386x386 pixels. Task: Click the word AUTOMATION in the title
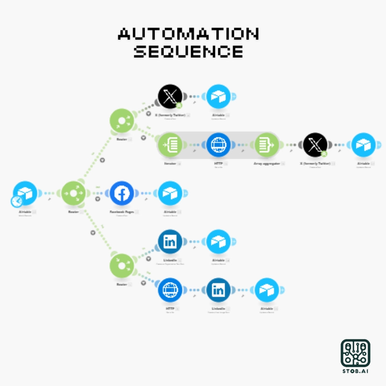coord(188,34)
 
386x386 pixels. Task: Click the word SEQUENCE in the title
coord(188,51)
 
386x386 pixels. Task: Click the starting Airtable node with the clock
coord(25,193)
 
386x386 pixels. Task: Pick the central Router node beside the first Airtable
coord(73,193)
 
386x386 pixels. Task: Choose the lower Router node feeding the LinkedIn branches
coord(122,266)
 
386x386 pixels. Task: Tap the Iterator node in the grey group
coord(170,145)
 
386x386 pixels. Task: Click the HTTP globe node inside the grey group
coord(218,145)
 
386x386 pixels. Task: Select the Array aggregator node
coord(267,145)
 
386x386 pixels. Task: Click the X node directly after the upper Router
coord(170,96)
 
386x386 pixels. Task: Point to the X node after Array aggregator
coord(315,145)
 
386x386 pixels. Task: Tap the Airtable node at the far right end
coord(363,145)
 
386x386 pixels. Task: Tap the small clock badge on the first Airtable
coord(17,201)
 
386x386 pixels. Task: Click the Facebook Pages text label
coord(122,212)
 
